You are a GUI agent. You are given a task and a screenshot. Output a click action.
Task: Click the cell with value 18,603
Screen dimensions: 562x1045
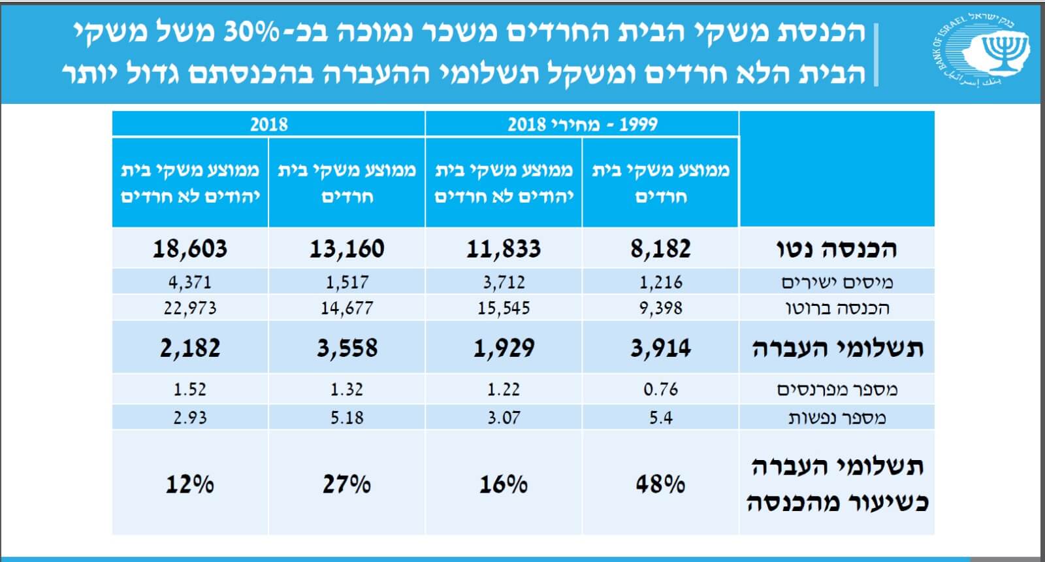point(190,249)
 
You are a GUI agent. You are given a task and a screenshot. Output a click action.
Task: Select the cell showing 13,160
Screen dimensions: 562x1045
point(347,249)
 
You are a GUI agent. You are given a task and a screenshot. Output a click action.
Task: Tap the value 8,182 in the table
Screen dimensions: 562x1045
point(660,249)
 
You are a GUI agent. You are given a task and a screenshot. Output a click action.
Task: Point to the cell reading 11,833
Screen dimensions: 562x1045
point(504,249)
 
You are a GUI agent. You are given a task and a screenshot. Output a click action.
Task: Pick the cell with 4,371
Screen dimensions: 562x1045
point(190,282)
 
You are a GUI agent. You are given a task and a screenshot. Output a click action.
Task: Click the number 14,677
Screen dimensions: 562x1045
point(347,308)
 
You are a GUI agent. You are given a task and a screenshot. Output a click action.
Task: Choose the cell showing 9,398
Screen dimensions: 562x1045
point(660,308)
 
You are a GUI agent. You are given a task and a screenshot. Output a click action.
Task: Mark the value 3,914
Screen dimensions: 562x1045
point(660,348)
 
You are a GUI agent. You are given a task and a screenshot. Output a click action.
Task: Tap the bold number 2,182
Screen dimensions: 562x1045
point(190,348)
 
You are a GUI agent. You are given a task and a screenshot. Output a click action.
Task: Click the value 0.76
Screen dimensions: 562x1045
point(660,389)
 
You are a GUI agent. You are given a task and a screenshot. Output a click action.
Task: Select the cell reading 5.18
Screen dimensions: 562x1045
point(347,418)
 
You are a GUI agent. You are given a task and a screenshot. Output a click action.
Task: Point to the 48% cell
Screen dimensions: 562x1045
point(660,484)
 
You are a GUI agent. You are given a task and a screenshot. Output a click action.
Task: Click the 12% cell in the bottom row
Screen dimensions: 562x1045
point(190,484)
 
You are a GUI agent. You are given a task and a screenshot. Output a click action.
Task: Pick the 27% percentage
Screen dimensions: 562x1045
point(347,484)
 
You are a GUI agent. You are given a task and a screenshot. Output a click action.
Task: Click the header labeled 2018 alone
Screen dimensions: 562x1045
point(268,124)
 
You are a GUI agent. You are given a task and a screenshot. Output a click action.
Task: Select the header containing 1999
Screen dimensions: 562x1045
point(582,124)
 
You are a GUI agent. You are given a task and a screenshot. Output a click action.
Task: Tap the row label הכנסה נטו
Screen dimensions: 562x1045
point(837,249)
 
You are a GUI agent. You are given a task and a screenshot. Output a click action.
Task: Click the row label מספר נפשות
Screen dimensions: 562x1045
point(837,418)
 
